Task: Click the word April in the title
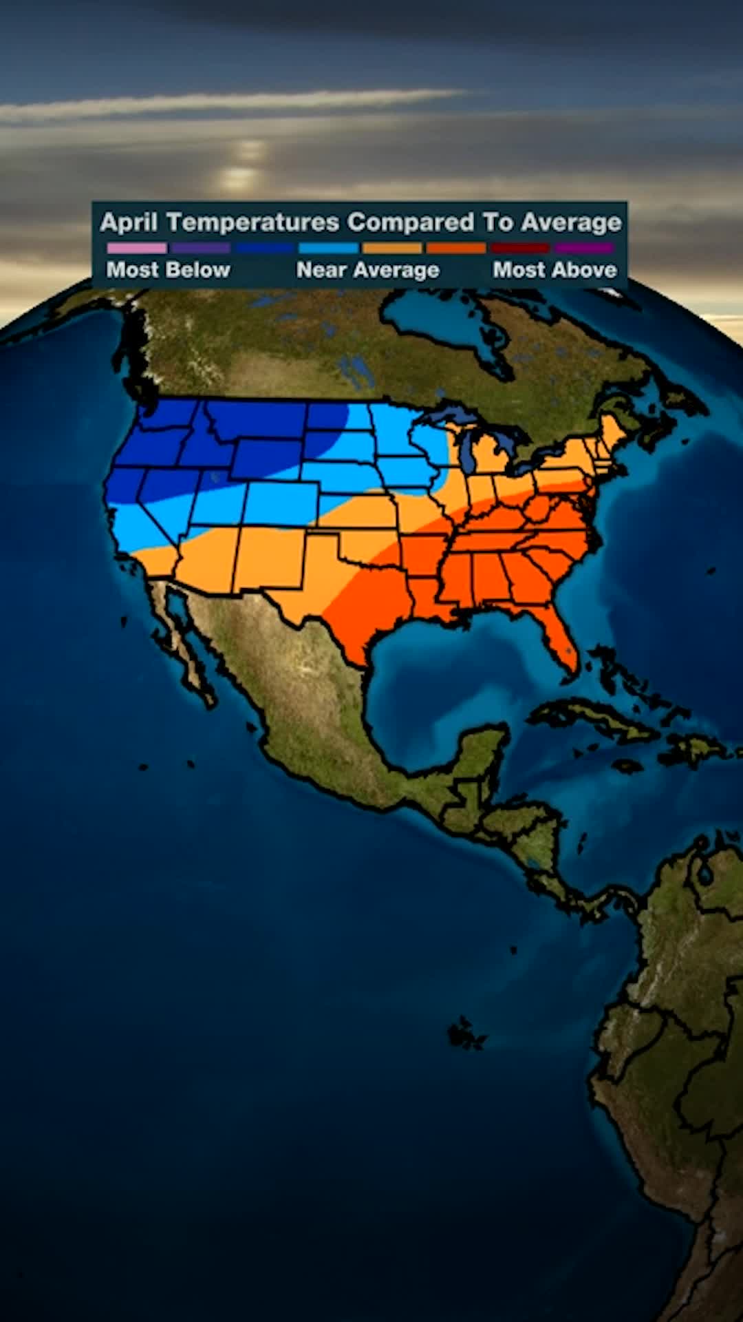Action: click(129, 223)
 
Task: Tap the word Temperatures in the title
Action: click(253, 223)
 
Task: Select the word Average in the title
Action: click(571, 223)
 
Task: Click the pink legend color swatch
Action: click(136, 248)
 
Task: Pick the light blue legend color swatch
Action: click(328, 248)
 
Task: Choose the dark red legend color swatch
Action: click(519, 248)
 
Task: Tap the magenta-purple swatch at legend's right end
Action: click(583, 248)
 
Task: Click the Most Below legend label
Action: click(169, 270)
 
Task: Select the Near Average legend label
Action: click(367, 270)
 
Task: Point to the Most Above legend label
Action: click(554, 270)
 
